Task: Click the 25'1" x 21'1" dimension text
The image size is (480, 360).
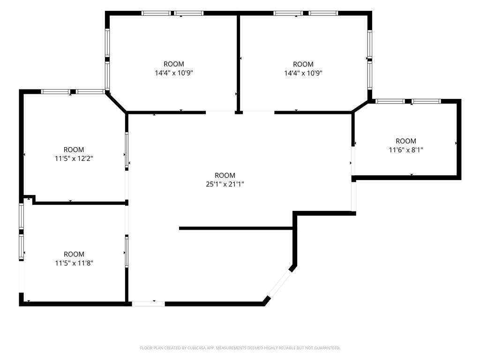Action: (x=225, y=184)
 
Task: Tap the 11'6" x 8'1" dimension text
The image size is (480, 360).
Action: (x=406, y=150)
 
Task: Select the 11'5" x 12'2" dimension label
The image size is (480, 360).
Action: (x=74, y=158)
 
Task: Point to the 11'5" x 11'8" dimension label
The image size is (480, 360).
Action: (x=74, y=263)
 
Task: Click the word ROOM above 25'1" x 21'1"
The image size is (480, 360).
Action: (x=225, y=175)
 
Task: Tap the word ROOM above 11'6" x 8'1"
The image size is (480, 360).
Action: (x=406, y=141)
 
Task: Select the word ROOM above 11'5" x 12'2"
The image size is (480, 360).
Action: (x=74, y=150)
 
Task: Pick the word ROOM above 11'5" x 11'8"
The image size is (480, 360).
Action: (x=74, y=254)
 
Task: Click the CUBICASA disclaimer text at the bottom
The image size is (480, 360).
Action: (x=240, y=348)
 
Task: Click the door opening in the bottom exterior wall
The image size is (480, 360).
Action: (x=148, y=304)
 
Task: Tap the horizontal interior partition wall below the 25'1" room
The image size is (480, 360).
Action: (x=236, y=228)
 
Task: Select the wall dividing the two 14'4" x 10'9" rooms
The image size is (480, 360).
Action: (x=238, y=63)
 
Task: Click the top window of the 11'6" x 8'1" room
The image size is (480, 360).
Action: (x=408, y=101)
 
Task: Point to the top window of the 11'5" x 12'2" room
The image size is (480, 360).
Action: (x=73, y=91)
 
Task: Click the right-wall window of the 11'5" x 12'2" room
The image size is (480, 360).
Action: (x=127, y=150)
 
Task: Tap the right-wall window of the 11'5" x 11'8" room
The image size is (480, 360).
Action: (x=127, y=251)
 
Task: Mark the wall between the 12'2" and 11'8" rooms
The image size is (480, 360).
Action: (x=80, y=203)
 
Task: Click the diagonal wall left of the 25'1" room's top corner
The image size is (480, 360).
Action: (x=116, y=102)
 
